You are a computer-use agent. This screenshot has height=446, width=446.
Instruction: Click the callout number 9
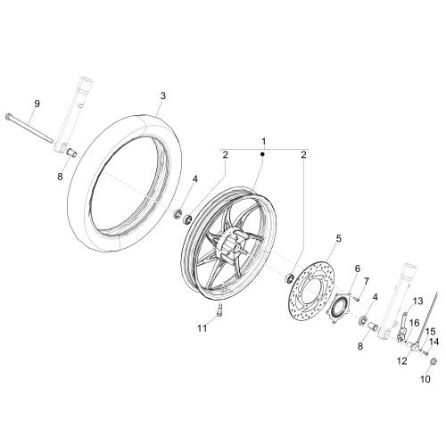[x=37, y=103]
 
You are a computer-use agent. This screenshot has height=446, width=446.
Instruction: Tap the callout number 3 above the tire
[x=163, y=95]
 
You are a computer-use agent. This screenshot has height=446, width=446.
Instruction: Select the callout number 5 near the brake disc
[x=339, y=238]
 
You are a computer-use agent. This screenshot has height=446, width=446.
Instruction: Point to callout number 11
[x=202, y=328]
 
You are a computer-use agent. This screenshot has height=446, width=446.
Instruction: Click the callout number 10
[x=425, y=379]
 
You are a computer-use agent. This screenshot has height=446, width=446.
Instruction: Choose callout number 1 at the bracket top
[x=264, y=142]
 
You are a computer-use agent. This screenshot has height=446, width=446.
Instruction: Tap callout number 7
[x=366, y=281]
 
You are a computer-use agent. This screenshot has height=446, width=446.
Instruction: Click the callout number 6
[x=357, y=268]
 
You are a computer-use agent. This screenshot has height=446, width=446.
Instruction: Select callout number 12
[x=402, y=361]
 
